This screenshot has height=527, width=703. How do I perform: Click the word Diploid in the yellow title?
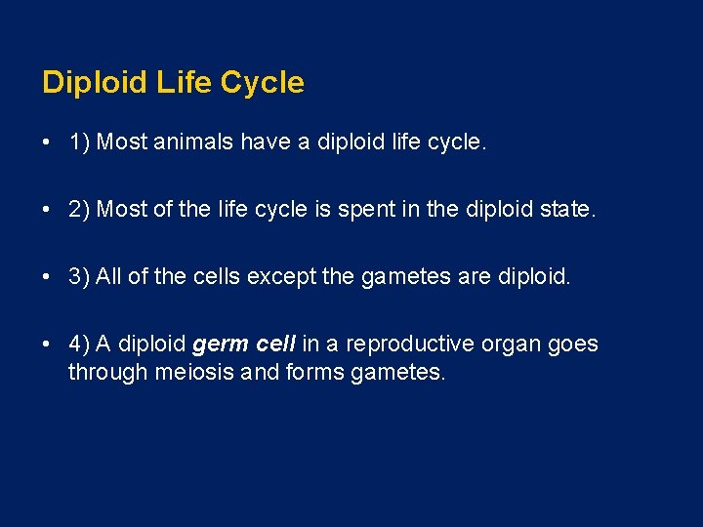[93, 83]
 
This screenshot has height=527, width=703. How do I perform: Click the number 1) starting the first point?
[79, 142]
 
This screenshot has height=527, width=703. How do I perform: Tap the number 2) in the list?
[79, 210]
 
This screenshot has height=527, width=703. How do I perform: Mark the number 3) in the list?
[79, 277]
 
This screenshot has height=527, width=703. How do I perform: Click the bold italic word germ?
[220, 345]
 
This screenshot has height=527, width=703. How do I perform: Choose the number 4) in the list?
[79, 345]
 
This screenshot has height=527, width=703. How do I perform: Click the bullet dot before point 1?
[47, 142]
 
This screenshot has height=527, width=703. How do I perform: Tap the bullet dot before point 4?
[47, 345]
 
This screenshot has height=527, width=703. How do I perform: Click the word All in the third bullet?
[108, 277]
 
